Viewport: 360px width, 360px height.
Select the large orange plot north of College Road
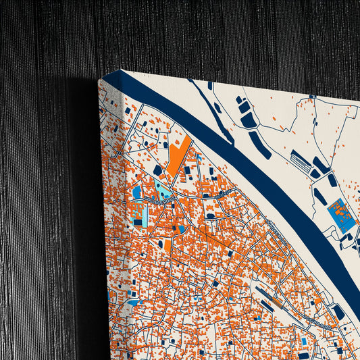coord(178,156)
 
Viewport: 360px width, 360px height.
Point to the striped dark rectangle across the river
coord(301,161)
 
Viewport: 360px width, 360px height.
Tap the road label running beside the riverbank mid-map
coord(278,234)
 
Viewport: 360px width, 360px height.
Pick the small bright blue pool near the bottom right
coord(303,341)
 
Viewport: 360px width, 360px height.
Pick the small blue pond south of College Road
coord(181,229)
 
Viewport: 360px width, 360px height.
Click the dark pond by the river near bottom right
coord(338,312)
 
